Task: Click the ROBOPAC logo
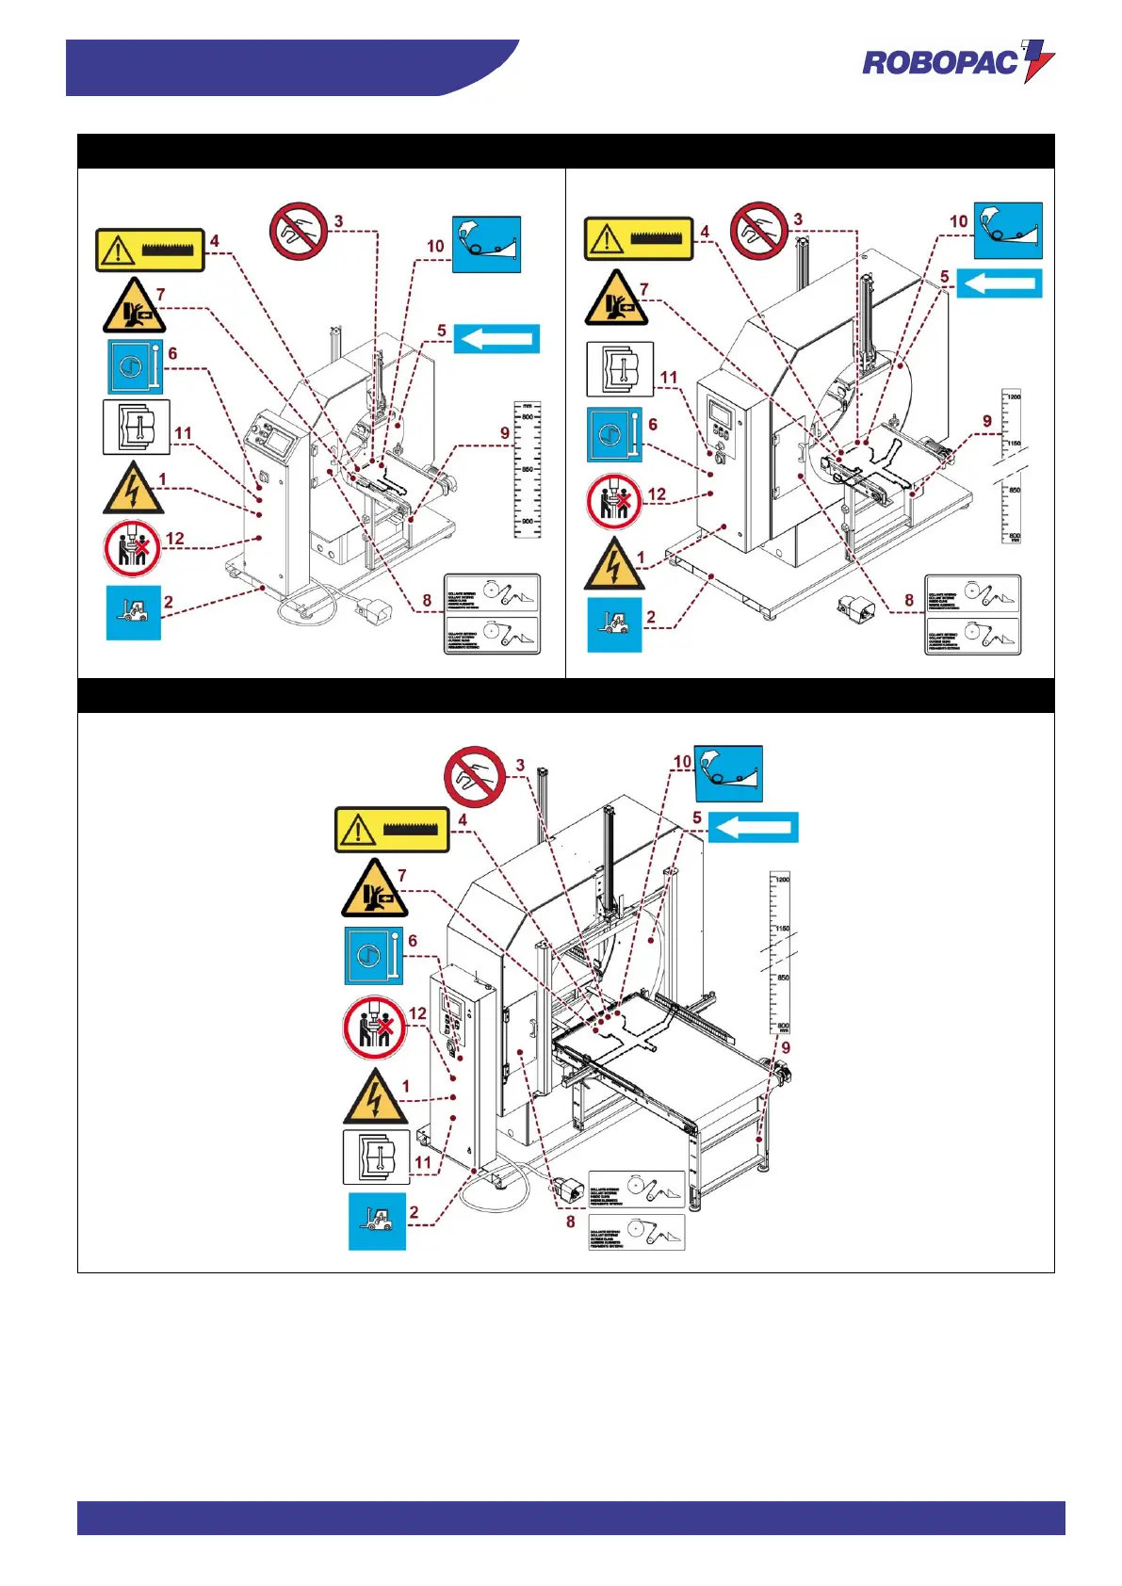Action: click(957, 62)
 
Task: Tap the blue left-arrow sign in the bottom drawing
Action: click(753, 827)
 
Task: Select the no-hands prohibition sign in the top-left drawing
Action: click(298, 231)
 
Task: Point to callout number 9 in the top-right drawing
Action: click(987, 421)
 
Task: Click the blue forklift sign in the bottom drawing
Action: click(377, 1222)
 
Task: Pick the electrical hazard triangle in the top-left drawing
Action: click(133, 488)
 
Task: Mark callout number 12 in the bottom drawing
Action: click(417, 1013)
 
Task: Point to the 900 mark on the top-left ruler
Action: click(527, 521)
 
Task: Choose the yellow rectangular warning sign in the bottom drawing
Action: click(392, 830)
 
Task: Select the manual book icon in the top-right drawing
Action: click(620, 369)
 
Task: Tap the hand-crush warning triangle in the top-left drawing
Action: click(134, 305)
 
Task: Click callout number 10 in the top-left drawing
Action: click(435, 246)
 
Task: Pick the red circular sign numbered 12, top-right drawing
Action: click(613, 501)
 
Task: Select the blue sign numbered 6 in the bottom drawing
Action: click(373, 956)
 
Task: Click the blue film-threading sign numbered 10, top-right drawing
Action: click(1007, 230)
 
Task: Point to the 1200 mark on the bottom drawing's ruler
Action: click(782, 880)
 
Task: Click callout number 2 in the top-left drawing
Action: click(169, 602)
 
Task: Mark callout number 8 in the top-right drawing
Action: click(909, 600)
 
